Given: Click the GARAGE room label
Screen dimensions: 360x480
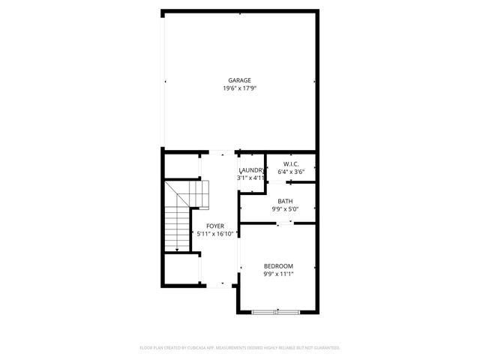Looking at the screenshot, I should click(240, 80).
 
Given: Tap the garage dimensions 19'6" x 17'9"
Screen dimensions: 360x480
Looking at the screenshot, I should click(240, 88).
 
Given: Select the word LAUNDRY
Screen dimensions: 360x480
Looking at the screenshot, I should click(251, 170).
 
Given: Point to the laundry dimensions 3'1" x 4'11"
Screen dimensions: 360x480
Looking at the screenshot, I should click(251, 178).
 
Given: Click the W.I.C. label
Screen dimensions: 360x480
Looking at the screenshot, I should click(291, 164).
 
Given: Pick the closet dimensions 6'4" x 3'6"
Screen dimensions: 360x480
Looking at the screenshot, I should click(291, 172).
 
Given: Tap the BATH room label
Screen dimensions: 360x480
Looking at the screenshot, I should click(285, 201).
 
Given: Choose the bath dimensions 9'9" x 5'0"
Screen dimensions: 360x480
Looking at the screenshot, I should click(285, 209).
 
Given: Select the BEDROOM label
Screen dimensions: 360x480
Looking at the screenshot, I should click(278, 266).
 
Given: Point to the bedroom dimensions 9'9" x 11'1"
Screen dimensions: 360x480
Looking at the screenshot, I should click(278, 274).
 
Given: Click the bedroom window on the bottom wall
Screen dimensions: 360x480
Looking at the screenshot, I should click(277, 311).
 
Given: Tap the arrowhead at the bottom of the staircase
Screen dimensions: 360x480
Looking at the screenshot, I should click(177, 250).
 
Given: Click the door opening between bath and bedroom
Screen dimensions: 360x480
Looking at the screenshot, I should click(278, 223).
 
